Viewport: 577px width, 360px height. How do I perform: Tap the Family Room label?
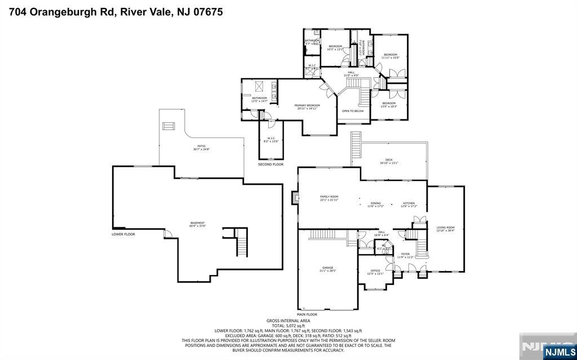tap(329, 198)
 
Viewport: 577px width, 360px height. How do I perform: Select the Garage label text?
tap(327, 269)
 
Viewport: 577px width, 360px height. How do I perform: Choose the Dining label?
tap(375, 204)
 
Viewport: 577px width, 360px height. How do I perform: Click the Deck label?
tap(389, 161)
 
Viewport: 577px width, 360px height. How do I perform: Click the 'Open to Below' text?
tap(353, 111)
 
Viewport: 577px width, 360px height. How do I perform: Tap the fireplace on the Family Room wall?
tap(294, 197)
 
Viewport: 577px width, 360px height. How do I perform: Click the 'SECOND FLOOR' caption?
tap(270, 165)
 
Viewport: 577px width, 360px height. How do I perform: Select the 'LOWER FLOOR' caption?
tap(123, 234)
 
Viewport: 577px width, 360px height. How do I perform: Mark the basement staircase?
tap(241, 243)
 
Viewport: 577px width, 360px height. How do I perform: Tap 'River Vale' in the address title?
tap(146, 11)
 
